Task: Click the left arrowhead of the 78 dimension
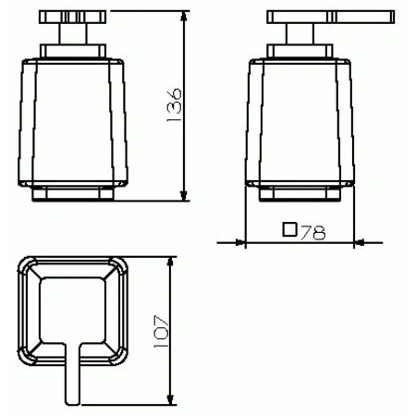[248, 243]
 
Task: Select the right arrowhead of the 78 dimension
[354, 243]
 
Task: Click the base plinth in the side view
[300, 195]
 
